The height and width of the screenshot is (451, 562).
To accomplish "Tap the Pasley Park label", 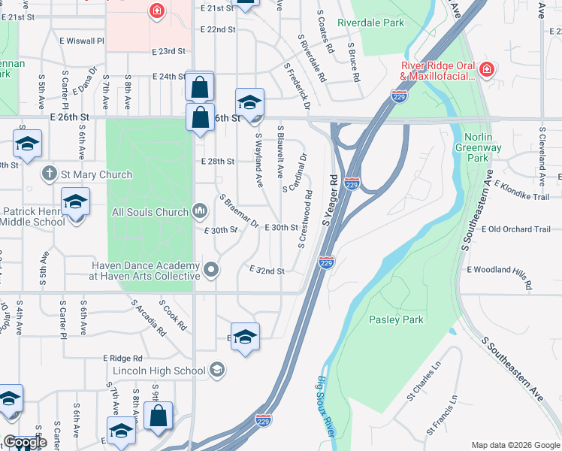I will pyautogui.click(x=396, y=319).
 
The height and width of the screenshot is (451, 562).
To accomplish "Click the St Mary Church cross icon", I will pyautogui.click(x=50, y=174).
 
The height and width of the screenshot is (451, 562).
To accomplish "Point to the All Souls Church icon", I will pyautogui.click(x=199, y=212).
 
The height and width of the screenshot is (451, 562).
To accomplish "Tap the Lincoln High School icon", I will pyautogui.click(x=217, y=370).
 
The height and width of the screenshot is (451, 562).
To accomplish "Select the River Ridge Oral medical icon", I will pyautogui.click(x=487, y=70).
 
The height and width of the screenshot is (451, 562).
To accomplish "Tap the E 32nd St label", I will pyautogui.click(x=267, y=271).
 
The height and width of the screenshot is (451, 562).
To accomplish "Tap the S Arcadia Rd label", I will pyautogui.click(x=148, y=317).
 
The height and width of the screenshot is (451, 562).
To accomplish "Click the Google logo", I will pyautogui.click(x=25, y=442).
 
